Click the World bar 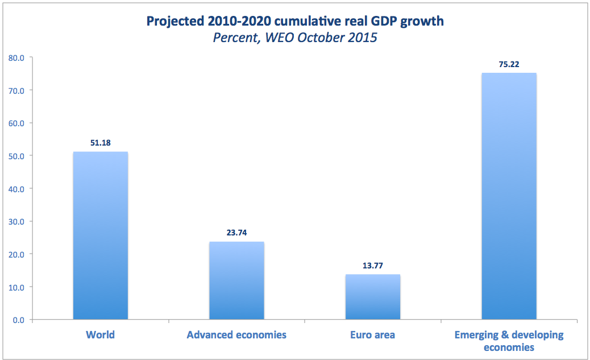101,235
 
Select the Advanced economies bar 236,280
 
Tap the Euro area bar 373,297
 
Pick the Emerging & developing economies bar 509,196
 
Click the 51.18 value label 101,143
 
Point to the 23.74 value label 236,233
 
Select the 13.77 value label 373,266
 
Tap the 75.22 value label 509,64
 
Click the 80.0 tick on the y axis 16,57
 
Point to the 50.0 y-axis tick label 16,156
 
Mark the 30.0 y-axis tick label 16,221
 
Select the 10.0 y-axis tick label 16,287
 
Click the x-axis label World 101,334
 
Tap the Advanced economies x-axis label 236,334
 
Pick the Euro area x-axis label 373,334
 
